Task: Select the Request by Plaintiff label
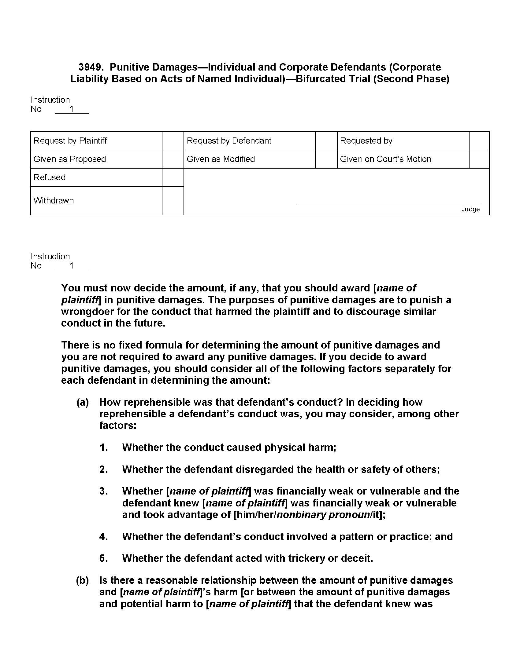[x=70, y=141]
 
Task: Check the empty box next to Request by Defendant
[x=326, y=141]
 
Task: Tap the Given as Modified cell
[x=221, y=159]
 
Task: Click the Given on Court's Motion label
[x=385, y=159]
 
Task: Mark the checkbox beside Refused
[x=173, y=177]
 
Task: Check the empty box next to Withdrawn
[x=173, y=201]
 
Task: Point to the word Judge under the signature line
[x=470, y=209]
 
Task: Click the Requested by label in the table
[x=366, y=141]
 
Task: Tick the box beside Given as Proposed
[x=173, y=159]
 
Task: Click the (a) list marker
[x=83, y=402]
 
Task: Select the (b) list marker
[x=83, y=580]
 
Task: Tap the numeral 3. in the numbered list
[x=104, y=491]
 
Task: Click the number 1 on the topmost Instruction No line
[x=72, y=109]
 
